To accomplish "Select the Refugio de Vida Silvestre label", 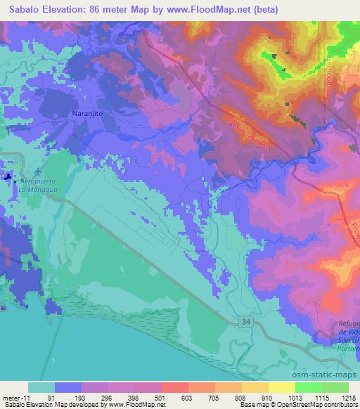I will [345, 330].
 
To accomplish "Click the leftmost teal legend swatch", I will [41, 387].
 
